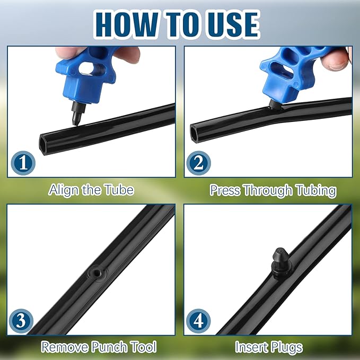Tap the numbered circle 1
pyautogui.click(x=23, y=162)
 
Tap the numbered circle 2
pyautogui.click(x=199, y=162)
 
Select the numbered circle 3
pyautogui.click(x=23, y=321)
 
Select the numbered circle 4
pyautogui.click(x=199, y=321)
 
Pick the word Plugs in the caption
pyautogui.click(x=285, y=347)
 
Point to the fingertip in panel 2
pyautogui.click(x=337, y=58)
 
